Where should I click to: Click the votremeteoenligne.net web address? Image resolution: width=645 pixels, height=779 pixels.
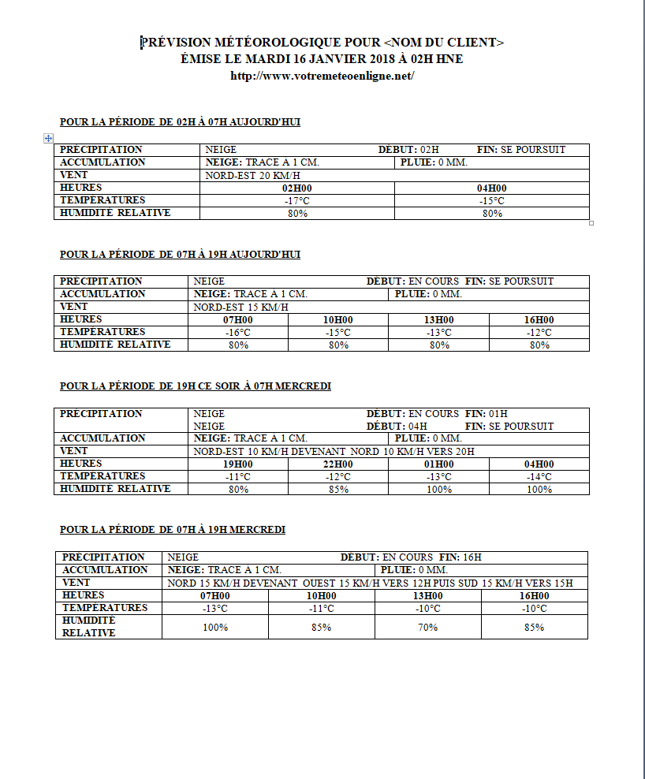[322, 76]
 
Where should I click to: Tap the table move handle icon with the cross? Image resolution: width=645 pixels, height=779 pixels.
[48, 138]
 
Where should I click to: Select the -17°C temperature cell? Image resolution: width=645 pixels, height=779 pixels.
[296, 201]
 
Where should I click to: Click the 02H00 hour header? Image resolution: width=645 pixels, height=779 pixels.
[296, 188]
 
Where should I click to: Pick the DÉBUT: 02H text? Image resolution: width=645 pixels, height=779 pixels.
[408, 150]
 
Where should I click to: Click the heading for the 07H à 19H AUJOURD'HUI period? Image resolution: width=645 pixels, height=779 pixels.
[180, 255]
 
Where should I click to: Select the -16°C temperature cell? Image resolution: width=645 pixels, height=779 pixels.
[238, 333]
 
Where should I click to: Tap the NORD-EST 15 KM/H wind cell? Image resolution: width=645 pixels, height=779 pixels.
[240, 307]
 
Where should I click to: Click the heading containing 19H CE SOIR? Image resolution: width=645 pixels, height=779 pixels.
[195, 386]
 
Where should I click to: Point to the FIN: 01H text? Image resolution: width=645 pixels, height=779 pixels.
[487, 414]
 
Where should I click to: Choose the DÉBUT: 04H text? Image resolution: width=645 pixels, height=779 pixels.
[397, 427]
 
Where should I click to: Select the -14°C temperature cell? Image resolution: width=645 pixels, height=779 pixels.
[539, 476]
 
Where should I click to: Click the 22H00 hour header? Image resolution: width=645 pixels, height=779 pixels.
[338, 464]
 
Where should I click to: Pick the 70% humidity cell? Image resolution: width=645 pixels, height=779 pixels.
[427, 628]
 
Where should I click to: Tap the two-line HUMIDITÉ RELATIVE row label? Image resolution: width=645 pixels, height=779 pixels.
[89, 627]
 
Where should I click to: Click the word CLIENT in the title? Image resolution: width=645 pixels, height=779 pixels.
[472, 43]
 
